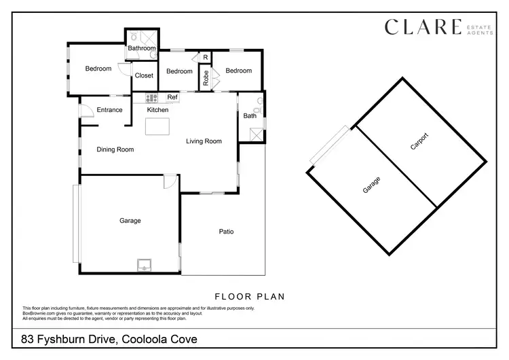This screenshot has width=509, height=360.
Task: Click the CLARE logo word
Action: [422, 27]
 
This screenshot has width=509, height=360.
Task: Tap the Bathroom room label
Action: [142, 49]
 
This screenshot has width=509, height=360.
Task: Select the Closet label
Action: [144, 75]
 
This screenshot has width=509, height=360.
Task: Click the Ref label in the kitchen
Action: [172, 97]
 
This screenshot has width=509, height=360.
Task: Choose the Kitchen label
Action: [158, 110]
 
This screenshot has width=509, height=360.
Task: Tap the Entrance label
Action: [109, 110]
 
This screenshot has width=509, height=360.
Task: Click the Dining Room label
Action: [115, 149]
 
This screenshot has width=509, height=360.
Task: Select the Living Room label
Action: [204, 141]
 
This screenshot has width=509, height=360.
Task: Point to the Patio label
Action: [226, 232]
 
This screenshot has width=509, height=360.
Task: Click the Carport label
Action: [419, 141]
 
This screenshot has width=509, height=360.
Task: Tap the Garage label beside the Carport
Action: [371, 185]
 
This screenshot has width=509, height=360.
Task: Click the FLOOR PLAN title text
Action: [249, 296]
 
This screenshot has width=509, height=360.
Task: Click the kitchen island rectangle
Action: [158, 126]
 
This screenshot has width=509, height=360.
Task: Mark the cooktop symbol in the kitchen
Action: [151, 97]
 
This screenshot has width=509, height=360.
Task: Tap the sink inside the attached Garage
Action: [145, 264]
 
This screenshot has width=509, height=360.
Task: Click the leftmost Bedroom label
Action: [98, 69]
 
